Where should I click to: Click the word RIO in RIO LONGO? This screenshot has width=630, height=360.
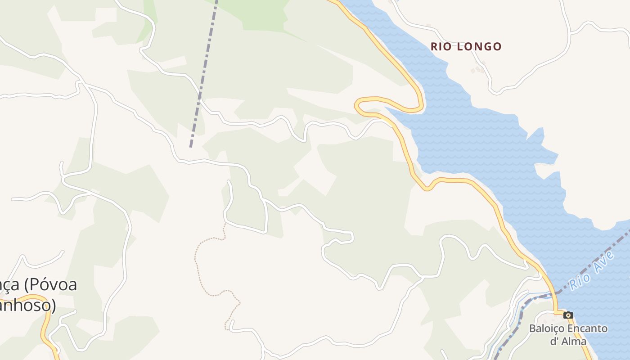click(441, 46)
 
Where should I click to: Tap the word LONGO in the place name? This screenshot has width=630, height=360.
click(479, 46)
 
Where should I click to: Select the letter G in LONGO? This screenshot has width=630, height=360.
click(485, 46)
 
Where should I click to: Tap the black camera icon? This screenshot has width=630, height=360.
click(568, 315)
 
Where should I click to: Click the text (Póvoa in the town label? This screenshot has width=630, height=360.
click(50, 285)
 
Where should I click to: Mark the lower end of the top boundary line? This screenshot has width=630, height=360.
click(191, 146)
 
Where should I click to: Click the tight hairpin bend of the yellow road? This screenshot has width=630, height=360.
click(358, 106)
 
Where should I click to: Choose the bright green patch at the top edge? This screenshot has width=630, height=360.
click(252, 11)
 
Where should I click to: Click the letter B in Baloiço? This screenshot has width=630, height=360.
click(532, 328)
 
